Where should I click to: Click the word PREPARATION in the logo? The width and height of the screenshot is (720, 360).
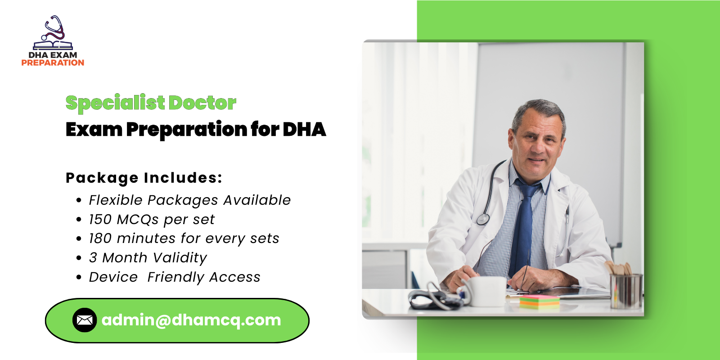coord(53,63)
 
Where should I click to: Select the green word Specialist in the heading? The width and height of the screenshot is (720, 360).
coord(115,103)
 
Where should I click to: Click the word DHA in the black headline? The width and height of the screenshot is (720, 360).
coord(304,130)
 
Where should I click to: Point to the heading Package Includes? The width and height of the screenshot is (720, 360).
coord(144,178)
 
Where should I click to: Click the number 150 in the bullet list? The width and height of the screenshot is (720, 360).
coord(100,220)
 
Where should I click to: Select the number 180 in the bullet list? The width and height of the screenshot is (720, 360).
coord(100,238)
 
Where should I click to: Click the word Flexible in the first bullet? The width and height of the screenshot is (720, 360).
coord(115,200)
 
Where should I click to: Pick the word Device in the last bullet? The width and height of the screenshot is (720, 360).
coord(113,277)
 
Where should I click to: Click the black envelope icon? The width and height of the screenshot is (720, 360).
coord(85,320)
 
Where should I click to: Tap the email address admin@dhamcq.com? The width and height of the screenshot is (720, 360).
coord(191,320)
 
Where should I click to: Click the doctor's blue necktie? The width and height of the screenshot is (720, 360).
coord(523,225)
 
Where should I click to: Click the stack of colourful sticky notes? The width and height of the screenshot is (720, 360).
coord(539,301)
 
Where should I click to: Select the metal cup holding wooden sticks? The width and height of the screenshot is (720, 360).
coord(625,290)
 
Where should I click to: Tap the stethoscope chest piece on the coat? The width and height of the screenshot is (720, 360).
coord(483,219)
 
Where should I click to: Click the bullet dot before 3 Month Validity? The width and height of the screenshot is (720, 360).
coord(79,258)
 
